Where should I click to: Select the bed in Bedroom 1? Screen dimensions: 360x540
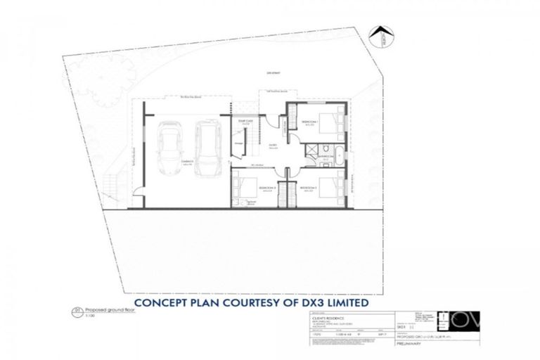click(330, 124)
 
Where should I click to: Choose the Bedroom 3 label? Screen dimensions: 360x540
click(266, 188)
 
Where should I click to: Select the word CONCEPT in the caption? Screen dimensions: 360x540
click(163, 304)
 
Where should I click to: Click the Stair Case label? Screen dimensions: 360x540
click(245, 122)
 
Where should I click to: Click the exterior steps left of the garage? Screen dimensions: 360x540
click(109, 186)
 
